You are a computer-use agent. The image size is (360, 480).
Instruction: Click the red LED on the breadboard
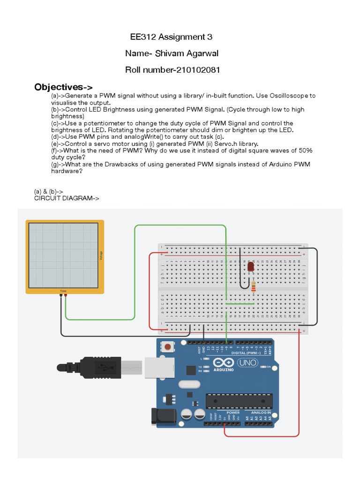point(250,267)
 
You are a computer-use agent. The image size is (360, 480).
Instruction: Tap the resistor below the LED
point(254,285)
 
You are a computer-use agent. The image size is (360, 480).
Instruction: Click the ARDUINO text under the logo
point(224,369)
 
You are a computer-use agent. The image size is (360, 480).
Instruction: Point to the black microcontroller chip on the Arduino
point(239,401)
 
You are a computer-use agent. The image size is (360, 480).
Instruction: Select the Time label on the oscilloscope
point(63,291)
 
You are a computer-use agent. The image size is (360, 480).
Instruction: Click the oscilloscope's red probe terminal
point(65,296)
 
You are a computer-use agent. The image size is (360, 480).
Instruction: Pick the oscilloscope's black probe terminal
point(61,296)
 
